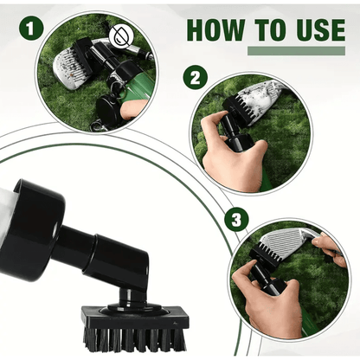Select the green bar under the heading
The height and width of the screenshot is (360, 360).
[296, 50]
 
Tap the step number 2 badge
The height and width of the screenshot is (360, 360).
[196, 77]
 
